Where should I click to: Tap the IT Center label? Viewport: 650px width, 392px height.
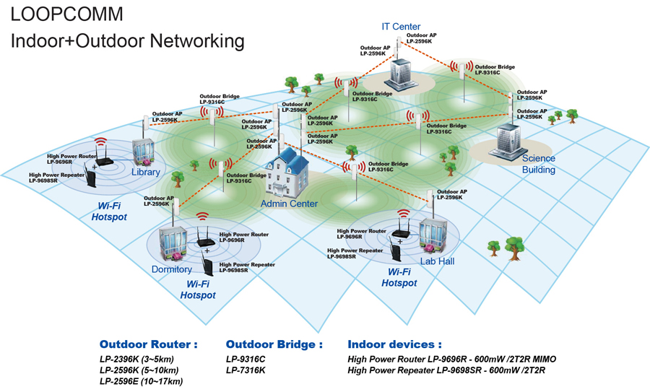[x=401, y=27]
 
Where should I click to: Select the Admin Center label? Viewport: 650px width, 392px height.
[x=289, y=204]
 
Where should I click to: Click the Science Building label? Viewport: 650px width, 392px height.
[x=539, y=164]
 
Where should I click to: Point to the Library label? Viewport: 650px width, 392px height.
[x=145, y=173]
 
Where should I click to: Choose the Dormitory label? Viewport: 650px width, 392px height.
[x=171, y=269]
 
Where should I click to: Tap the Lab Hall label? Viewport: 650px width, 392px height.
[x=437, y=261]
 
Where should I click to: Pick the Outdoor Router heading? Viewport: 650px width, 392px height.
[x=148, y=344]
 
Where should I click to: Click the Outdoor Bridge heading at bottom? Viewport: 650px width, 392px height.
[x=274, y=344]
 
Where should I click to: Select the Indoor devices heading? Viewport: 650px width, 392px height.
[x=394, y=344]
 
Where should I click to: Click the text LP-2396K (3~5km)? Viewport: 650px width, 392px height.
[x=136, y=359]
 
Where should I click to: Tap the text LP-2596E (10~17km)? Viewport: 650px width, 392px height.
[x=141, y=380]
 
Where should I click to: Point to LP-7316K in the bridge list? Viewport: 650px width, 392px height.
[x=246, y=370]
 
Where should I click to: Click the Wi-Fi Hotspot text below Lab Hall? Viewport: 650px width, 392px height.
[x=399, y=277]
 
